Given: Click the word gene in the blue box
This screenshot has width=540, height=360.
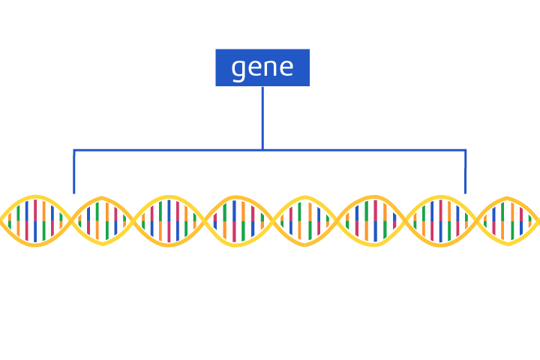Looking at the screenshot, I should [x=262, y=67].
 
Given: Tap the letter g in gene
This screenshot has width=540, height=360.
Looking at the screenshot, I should [x=238, y=69].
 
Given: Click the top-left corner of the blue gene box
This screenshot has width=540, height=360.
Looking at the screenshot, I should [x=216, y=49].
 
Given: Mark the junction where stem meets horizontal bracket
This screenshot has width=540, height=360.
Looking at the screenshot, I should [x=262, y=150].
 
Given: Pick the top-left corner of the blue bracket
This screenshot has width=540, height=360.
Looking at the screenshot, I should [x=73, y=150].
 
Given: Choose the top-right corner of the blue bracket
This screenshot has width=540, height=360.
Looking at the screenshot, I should [x=466, y=150].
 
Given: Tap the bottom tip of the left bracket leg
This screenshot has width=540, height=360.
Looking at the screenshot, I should [x=73, y=193].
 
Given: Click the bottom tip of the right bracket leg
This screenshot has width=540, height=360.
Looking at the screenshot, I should [x=466, y=193].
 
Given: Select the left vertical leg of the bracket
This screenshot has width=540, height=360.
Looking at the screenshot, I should [x=73, y=172].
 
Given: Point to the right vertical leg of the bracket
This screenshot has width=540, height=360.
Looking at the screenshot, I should [x=466, y=172].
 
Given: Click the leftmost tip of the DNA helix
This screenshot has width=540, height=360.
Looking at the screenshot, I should [x=1, y=220].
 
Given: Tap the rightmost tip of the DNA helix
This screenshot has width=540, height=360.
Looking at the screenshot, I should [x=538, y=220].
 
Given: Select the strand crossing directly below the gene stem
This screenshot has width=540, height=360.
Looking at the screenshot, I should [x=272, y=220].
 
